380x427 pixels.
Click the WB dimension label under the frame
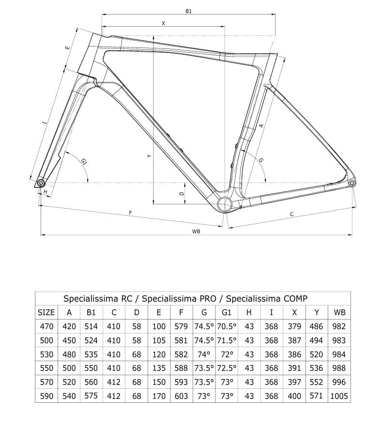point(196,231)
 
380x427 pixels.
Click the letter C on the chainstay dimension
point(292,213)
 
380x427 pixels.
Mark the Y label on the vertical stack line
point(149,156)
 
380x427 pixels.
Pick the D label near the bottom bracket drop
point(182,193)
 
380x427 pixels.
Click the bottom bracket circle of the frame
point(225,204)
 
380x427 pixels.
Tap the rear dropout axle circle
point(352,183)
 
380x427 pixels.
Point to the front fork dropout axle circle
point(41,183)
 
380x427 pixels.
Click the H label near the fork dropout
point(45,193)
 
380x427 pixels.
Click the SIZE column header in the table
point(46,312)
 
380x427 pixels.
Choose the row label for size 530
point(46,354)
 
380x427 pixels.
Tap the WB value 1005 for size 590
point(339,396)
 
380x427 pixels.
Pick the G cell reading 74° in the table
point(204,354)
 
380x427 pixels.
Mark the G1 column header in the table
point(227,312)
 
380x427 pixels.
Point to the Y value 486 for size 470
point(316,326)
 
